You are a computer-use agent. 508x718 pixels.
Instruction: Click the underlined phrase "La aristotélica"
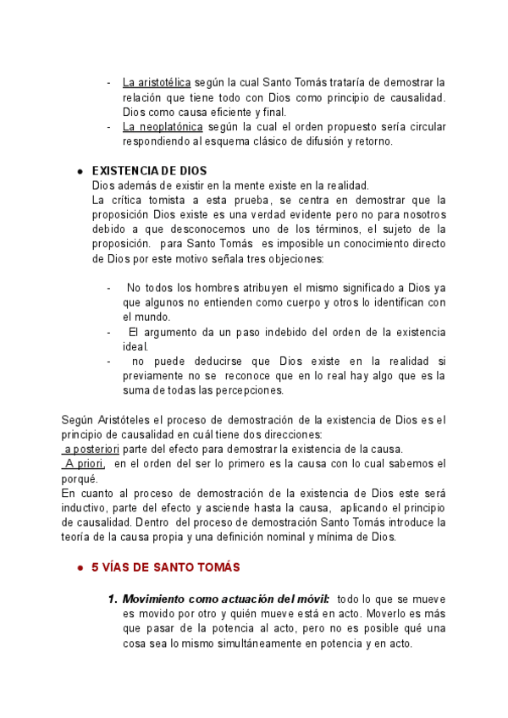click(x=157, y=83)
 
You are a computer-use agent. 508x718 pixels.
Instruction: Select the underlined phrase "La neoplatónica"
click(x=162, y=127)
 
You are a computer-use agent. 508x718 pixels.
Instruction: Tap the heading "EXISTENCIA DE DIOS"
click(x=149, y=171)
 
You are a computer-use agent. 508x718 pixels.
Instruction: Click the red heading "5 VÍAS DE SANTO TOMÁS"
click(x=166, y=566)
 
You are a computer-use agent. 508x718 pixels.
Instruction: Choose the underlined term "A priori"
click(x=84, y=463)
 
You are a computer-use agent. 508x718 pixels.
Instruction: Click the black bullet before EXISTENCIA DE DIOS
click(x=79, y=171)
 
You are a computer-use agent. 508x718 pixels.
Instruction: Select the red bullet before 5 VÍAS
click(x=79, y=566)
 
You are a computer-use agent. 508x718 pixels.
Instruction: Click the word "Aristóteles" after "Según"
click(x=124, y=419)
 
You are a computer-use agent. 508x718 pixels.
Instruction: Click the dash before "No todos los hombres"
click(x=108, y=288)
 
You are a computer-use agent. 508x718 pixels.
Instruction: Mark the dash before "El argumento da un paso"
click(x=108, y=331)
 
